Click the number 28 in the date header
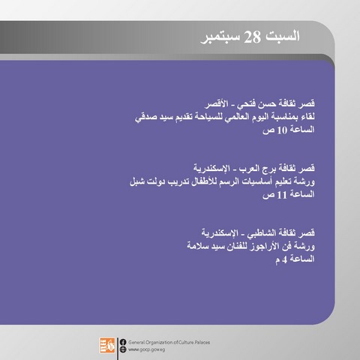click(252, 37)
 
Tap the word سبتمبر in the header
click(220, 38)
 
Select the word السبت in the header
click(282, 36)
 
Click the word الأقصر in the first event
click(217, 103)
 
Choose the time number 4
click(285, 259)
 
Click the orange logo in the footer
click(107, 345)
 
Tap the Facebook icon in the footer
click(123, 342)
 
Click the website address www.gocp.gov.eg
click(147, 349)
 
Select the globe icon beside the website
click(123, 349)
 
